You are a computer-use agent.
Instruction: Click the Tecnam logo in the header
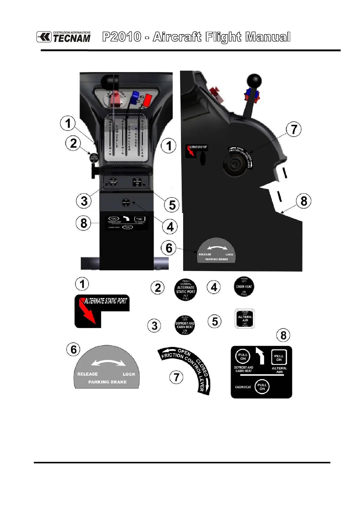(x=63, y=37)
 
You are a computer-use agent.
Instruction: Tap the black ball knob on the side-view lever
(x=254, y=81)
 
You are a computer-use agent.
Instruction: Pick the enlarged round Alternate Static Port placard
(x=186, y=290)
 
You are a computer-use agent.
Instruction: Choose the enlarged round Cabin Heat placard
(x=244, y=287)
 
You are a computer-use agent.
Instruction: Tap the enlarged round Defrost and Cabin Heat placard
(x=185, y=325)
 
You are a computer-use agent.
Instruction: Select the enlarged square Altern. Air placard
(x=245, y=319)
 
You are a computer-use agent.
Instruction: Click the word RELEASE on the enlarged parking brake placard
(x=87, y=374)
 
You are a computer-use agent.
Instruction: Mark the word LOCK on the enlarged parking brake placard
(x=129, y=374)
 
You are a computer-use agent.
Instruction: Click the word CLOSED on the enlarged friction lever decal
(x=202, y=368)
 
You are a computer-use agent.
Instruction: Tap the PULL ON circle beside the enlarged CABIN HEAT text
(x=262, y=387)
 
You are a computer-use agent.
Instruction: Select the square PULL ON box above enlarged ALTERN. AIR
(x=279, y=358)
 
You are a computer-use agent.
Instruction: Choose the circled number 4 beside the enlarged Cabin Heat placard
(x=214, y=287)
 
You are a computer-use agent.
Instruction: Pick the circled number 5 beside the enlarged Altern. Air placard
(x=215, y=321)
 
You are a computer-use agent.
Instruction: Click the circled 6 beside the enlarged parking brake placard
(x=73, y=350)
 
